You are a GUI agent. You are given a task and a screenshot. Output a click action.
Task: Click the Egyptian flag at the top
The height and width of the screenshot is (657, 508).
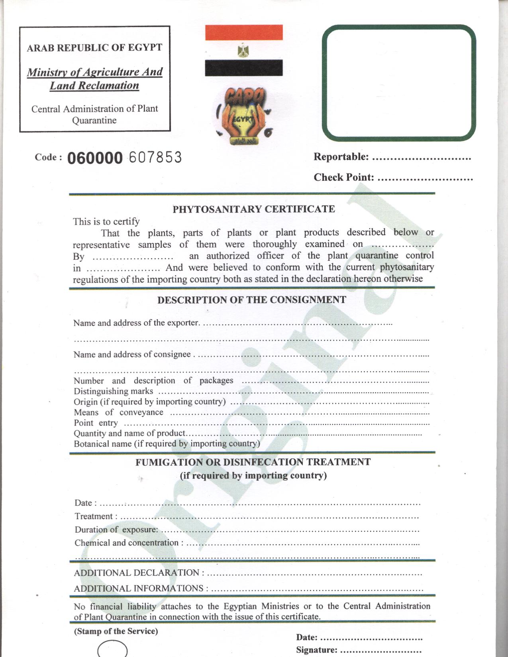pos(244,50)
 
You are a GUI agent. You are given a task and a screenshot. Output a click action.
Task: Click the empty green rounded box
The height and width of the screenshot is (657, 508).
pos(399,83)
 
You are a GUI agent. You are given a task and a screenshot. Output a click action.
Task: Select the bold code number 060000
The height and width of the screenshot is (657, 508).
pos(95,158)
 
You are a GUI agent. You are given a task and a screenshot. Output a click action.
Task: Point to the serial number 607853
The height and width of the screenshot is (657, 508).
pos(155,158)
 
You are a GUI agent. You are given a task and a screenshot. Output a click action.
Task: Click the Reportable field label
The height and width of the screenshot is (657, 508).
pos(341,157)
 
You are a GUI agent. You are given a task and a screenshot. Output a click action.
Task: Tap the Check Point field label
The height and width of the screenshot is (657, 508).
pos(344,177)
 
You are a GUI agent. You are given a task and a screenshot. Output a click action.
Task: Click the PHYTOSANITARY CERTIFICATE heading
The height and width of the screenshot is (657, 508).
pos(254,209)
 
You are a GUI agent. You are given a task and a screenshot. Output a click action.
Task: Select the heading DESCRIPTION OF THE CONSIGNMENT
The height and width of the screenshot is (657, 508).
pos(252,300)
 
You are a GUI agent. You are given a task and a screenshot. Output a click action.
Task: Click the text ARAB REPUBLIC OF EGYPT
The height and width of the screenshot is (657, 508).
pos(94,48)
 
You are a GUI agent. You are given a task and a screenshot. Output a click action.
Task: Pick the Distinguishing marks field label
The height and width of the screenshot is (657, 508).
pos(114,391)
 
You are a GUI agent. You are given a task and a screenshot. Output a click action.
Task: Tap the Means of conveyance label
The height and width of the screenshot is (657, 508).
pos(118,413)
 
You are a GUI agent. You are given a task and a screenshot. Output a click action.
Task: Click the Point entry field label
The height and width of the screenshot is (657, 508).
pos(96,423)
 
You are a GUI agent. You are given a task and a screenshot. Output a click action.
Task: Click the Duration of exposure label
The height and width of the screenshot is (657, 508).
pos(116,530)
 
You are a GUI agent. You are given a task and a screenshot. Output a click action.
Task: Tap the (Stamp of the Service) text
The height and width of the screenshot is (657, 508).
pos(116,631)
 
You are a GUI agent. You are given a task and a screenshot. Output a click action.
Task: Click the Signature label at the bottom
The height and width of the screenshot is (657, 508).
pos(316,650)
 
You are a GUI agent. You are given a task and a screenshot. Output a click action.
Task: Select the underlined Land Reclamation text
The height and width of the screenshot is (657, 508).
pos(94,86)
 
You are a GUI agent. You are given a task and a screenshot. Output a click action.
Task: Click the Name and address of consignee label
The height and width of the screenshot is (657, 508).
pos(132,354)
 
